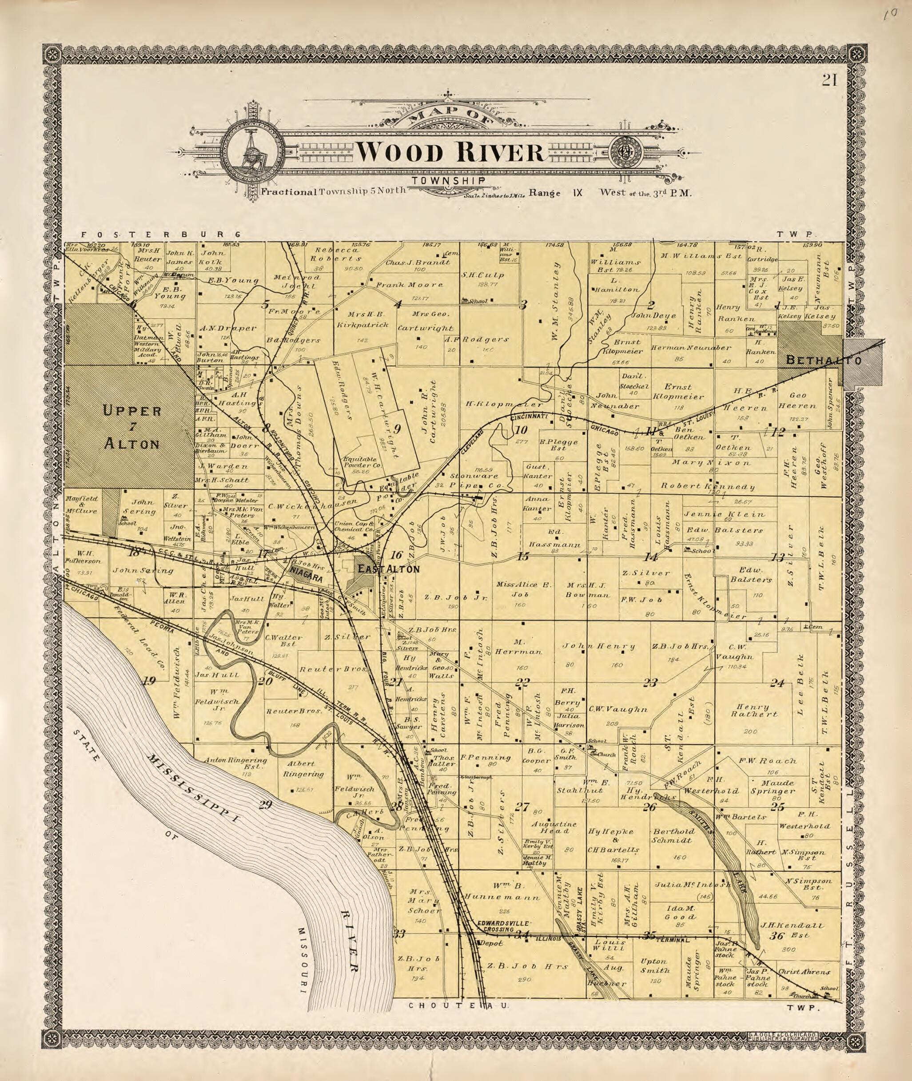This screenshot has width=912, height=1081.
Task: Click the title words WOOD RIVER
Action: [450, 152]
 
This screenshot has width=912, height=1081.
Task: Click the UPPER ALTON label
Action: [132, 427]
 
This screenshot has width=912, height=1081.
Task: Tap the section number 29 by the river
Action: [265, 804]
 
